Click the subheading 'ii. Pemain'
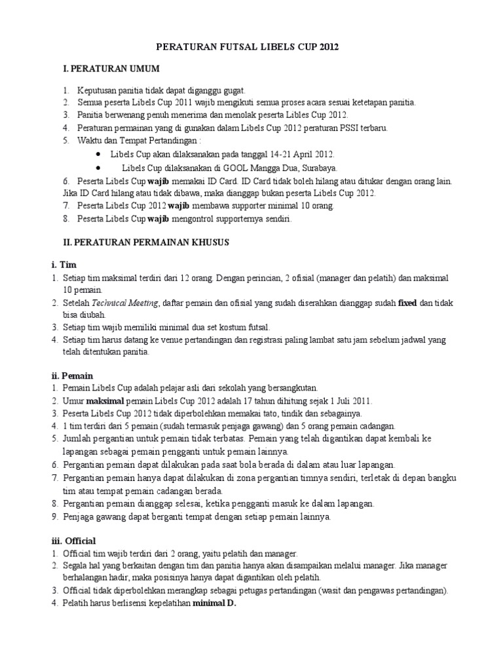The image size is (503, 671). coord(72,375)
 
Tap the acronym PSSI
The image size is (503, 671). coord(339,128)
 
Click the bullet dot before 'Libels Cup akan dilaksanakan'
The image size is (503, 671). coord(98,154)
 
